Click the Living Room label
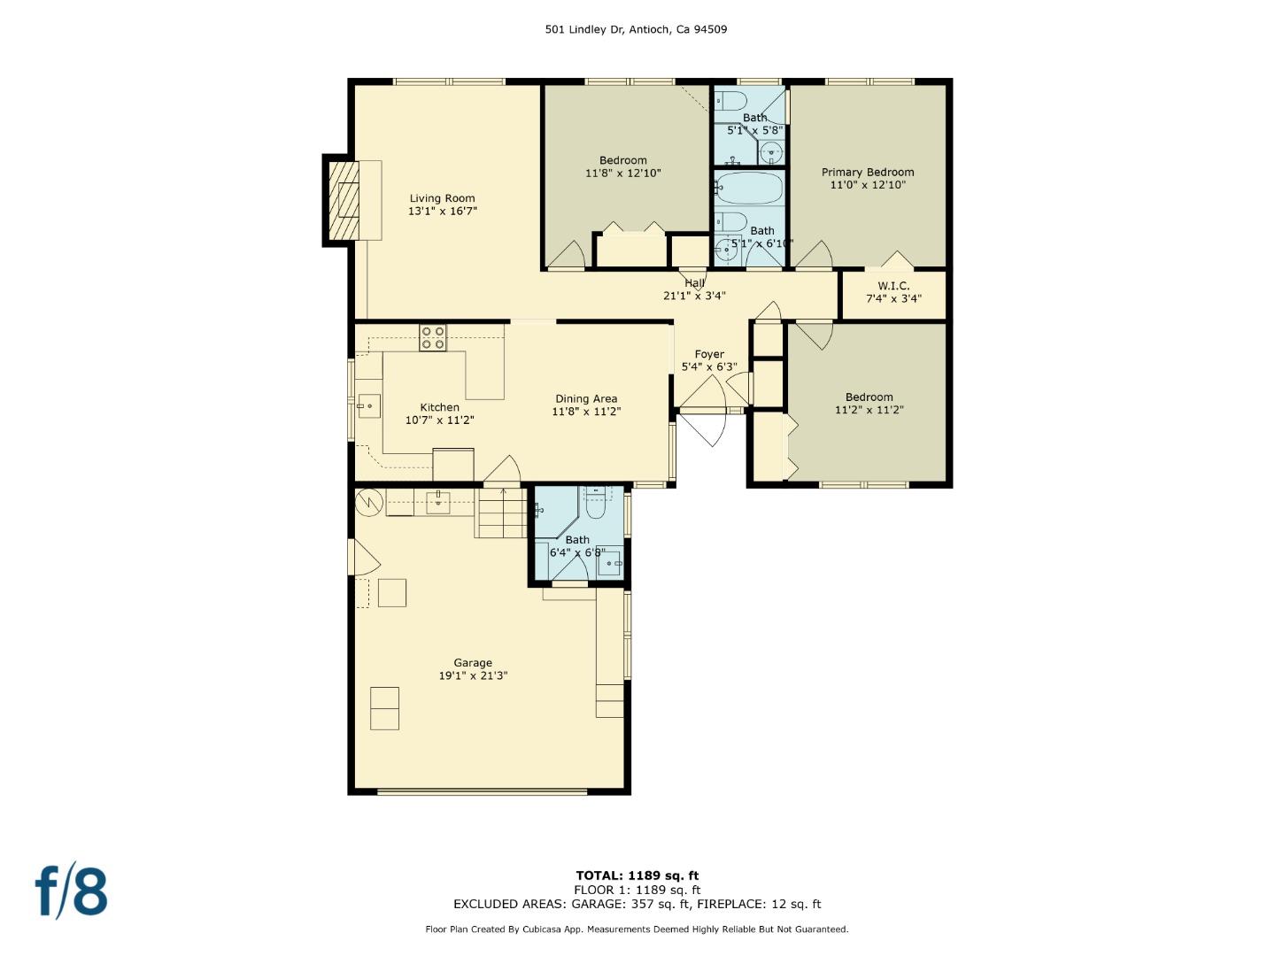click(x=442, y=198)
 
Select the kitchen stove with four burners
click(x=433, y=337)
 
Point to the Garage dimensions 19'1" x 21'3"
click(x=473, y=675)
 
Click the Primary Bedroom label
click(x=867, y=173)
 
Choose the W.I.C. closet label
click(x=893, y=286)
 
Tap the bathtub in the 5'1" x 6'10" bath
click(x=749, y=189)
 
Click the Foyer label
click(x=709, y=354)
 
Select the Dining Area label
click(x=586, y=398)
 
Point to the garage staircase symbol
click(x=501, y=513)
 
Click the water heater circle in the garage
click(x=368, y=503)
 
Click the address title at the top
click(x=636, y=29)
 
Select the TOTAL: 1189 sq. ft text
click(x=637, y=875)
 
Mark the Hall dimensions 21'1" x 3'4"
click(x=694, y=296)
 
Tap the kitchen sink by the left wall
click(x=368, y=406)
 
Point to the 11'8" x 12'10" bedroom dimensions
click(x=622, y=173)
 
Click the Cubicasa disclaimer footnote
click(x=637, y=929)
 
